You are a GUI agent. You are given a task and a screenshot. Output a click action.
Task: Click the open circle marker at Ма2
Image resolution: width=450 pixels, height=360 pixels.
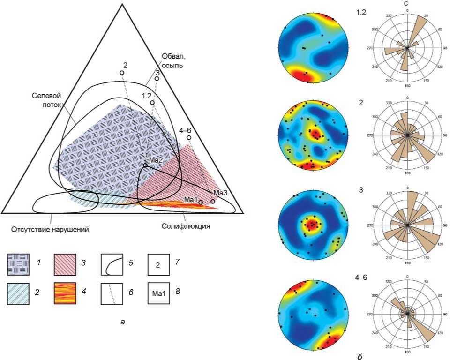point(145,165)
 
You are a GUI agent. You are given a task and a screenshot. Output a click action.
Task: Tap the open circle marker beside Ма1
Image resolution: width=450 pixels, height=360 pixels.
point(201,202)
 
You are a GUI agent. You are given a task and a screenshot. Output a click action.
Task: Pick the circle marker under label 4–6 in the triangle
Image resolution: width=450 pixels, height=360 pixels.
point(189,138)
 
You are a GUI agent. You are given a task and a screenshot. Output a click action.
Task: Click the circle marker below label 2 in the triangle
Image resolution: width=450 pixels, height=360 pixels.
point(121,73)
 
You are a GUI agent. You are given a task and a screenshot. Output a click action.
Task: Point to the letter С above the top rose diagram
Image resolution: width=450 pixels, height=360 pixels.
point(407,4)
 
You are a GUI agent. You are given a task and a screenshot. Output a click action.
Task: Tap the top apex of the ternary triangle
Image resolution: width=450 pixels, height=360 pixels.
point(122,4)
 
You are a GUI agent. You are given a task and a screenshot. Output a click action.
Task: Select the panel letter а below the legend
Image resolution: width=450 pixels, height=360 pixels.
point(123,322)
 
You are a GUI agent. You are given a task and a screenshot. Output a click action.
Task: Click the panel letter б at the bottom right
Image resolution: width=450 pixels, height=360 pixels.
point(360,356)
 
